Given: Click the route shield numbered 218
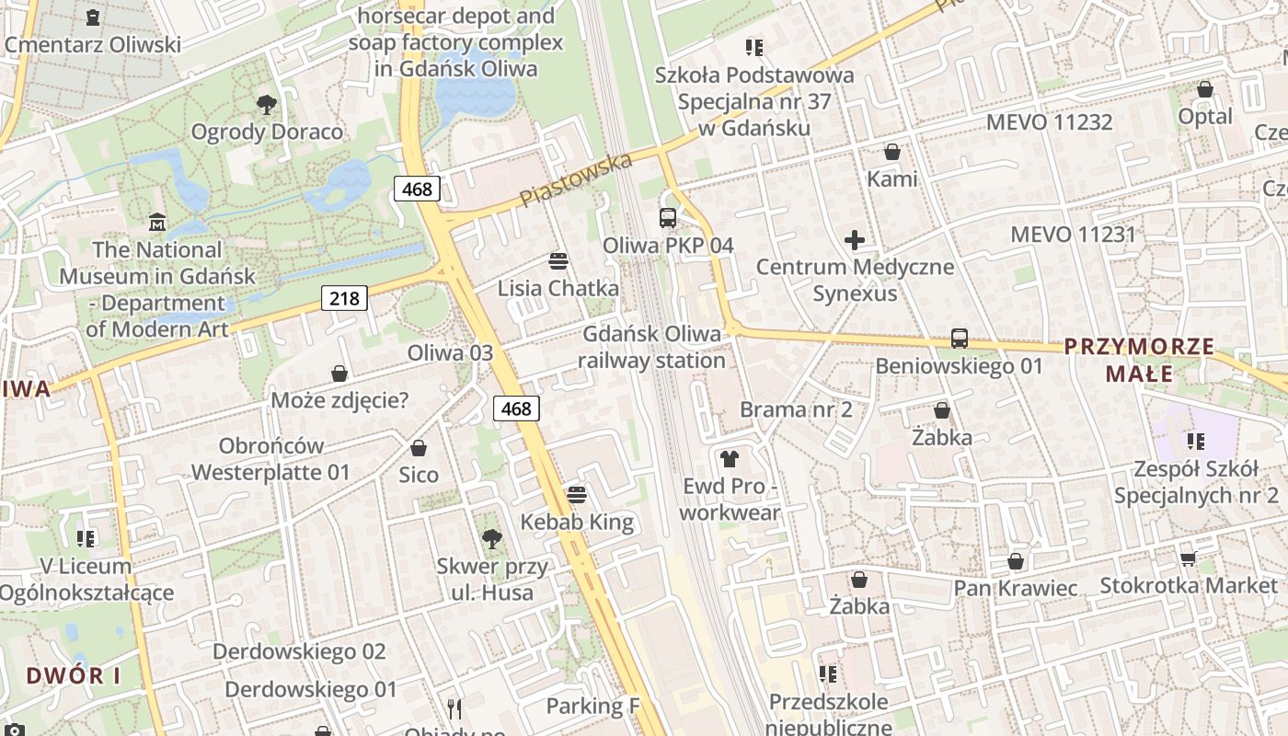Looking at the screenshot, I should tap(345, 298).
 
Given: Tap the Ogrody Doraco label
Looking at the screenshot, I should tap(267, 132).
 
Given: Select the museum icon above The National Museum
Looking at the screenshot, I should tap(157, 223).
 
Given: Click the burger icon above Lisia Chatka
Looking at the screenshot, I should tap(558, 260).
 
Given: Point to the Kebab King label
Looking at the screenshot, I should tap(577, 523).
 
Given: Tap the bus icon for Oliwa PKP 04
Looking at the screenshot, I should tap(668, 218).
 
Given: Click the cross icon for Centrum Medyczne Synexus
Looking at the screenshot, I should tap(855, 241).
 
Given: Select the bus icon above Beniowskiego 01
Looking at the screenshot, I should tap(960, 339).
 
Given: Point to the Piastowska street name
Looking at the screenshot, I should tap(576, 179).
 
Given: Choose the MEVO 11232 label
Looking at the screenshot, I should tap(1049, 122).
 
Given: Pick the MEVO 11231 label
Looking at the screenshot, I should tap(1074, 235).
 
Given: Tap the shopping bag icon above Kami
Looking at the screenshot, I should tap(891, 152).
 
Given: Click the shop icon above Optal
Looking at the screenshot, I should tap(1205, 89).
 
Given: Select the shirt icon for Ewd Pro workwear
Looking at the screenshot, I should tap(730, 458).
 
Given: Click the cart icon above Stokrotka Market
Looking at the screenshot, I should tap(1188, 558).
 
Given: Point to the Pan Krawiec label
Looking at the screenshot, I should tap(1016, 588).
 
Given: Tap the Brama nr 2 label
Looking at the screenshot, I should tap(796, 409).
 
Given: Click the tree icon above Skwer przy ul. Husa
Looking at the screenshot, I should tap(492, 539).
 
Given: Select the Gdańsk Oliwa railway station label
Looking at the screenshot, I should tap(652, 347).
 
